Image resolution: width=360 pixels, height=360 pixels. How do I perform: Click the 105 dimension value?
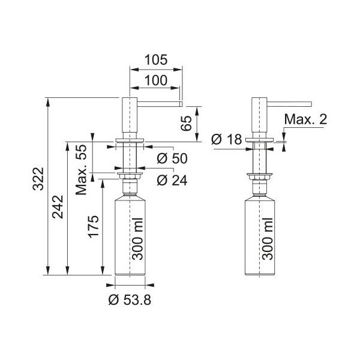[x=156, y=60]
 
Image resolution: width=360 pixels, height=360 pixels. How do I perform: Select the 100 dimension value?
[x=156, y=80]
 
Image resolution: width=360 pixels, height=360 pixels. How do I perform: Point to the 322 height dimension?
[x=38, y=179]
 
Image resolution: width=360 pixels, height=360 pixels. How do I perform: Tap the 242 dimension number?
[x=58, y=206]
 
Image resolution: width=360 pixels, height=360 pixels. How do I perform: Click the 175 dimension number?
[x=94, y=227]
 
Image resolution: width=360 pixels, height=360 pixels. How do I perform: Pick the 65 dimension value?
[x=186, y=123]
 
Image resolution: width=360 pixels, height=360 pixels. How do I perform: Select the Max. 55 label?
[x=82, y=170]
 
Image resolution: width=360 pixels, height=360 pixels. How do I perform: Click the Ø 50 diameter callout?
[x=172, y=158]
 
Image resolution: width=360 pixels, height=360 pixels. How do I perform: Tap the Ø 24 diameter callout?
[x=172, y=180]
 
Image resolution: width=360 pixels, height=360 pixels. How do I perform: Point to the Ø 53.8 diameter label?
[x=130, y=300]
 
